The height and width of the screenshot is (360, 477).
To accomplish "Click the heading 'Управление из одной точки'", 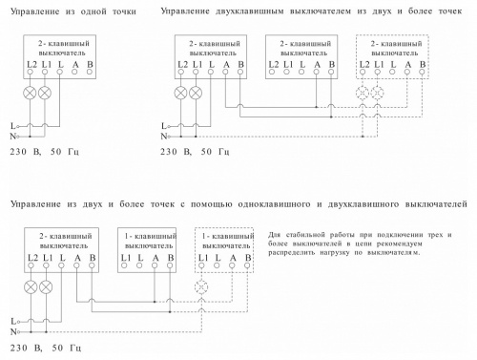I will [x=68, y=11].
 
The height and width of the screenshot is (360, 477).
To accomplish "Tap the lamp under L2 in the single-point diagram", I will [x=28, y=94].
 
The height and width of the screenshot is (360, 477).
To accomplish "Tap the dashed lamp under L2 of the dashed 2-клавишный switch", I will [x=363, y=94].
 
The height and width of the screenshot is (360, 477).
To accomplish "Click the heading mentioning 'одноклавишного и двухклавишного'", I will [x=238, y=203].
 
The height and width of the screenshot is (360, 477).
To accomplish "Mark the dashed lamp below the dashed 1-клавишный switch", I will [x=201, y=287].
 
